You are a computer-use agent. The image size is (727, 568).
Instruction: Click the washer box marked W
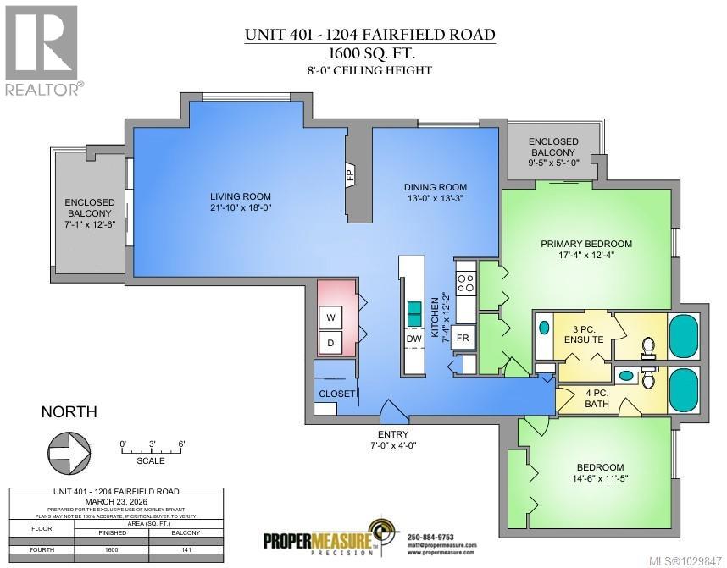click(x=330, y=317)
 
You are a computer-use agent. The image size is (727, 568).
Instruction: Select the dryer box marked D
click(x=330, y=343)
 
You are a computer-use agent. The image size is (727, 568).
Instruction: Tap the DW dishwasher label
click(x=413, y=339)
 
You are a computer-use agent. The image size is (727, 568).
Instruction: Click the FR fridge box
click(x=463, y=337)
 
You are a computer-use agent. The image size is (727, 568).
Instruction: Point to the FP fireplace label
click(x=349, y=175)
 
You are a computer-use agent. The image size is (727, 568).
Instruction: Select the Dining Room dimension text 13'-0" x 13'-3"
click(x=434, y=199)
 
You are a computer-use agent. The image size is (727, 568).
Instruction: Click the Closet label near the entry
click(x=336, y=394)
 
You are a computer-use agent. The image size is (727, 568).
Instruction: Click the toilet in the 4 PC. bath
click(x=648, y=378)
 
